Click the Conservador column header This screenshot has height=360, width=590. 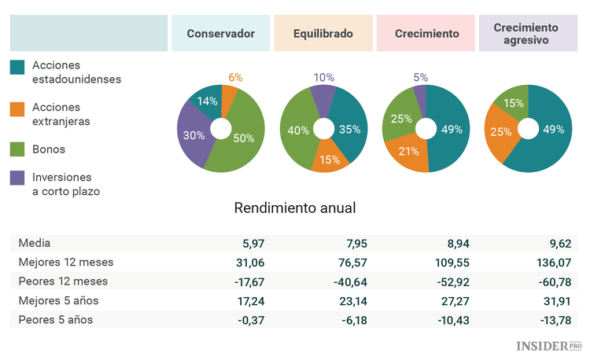[x=220, y=34]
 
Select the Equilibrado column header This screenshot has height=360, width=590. [x=323, y=34]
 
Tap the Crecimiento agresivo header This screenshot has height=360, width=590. [x=526, y=34]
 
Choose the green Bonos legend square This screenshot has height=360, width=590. [x=17, y=149]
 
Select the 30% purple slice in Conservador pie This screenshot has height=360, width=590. [x=194, y=135]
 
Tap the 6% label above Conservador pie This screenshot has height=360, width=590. [x=235, y=77]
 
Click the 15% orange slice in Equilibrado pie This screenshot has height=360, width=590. [x=329, y=158]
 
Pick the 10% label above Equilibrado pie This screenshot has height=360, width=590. [x=323, y=77]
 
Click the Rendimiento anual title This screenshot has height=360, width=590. [x=295, y=208]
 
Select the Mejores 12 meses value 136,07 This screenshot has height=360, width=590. [x=555, y=262]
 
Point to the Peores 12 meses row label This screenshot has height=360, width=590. [x=63, y=281]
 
